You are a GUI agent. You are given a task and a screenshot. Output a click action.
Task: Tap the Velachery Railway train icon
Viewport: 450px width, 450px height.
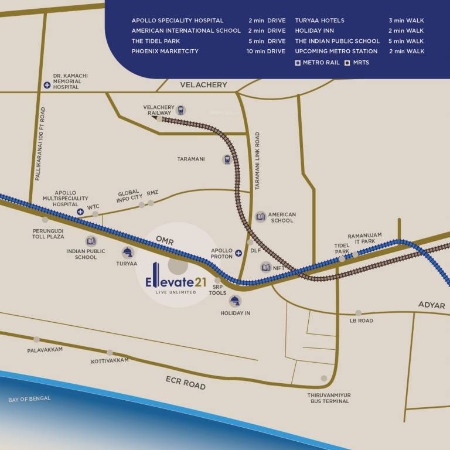[180, 110]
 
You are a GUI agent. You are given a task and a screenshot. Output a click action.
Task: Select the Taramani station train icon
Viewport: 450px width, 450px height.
[227, 159]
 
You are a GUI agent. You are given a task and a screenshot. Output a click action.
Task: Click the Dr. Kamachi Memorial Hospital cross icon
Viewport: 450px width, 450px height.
[46, 85]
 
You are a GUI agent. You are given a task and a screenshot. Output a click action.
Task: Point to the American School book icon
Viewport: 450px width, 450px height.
[260, 217]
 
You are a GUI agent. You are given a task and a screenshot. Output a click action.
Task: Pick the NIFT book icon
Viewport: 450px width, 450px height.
[265, 267]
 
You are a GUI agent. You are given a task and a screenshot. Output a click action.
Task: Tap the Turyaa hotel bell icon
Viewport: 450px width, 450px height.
[127, 253]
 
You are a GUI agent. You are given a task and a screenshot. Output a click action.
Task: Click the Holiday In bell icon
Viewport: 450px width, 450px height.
[235, 301]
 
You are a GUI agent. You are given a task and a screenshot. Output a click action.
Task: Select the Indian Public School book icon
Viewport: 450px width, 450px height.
[91, 241]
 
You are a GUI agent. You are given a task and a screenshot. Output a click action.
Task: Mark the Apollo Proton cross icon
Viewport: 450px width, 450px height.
[238, 254]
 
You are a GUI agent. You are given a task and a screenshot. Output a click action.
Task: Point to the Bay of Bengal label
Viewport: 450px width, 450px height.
[29, 399]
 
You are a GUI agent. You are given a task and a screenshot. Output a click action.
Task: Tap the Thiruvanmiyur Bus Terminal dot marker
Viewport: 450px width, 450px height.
[323, 379]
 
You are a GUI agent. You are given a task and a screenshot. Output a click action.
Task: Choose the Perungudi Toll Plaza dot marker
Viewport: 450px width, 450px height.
[45, 220]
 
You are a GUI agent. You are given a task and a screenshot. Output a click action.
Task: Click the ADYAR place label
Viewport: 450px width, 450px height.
[431, 305]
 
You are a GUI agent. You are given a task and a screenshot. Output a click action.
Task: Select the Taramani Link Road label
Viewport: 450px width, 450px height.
[257, 161]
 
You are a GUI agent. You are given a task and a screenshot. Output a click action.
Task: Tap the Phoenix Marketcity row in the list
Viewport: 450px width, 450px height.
[208, 51]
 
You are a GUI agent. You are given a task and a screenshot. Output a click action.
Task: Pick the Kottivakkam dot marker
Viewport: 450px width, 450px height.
[110, 352]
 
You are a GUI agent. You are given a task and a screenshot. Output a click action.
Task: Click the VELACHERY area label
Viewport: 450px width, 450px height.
[203, 85]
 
